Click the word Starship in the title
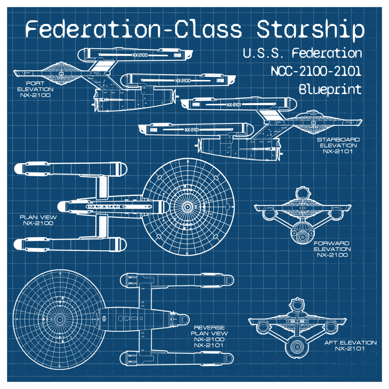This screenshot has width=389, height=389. point(310,30)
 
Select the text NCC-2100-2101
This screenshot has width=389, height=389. point(316,71)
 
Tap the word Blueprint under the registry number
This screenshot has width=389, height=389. point(330,89)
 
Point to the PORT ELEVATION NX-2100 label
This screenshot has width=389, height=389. point(35,89)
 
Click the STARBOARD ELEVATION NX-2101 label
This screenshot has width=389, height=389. point(338,145)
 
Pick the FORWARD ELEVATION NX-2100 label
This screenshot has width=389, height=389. point(332,249)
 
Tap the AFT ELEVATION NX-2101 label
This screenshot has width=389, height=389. point(350,345)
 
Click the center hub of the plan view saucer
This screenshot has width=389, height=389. point(188,207)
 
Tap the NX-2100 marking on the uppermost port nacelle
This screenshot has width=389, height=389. point(140,55)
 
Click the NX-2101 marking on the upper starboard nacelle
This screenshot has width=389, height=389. point(234,105)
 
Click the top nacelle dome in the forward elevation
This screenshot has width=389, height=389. point(302,194)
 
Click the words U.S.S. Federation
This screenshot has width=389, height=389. point(302,53)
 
